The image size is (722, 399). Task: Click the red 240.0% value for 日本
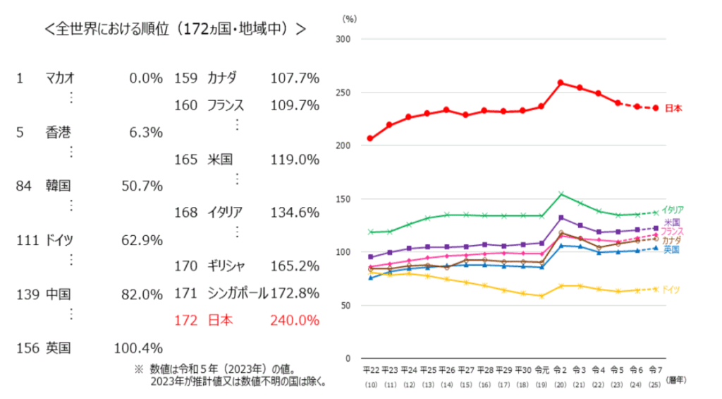click(295, 320)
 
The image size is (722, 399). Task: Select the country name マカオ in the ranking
click(60, 78)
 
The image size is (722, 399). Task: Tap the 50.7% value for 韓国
click(142, 186)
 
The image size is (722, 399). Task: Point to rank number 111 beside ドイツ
click(27, 240)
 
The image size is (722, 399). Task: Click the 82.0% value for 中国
click(142, 294)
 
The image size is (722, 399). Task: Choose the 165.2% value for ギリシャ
click(295, 266)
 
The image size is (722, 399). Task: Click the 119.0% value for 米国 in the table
click(295, 159)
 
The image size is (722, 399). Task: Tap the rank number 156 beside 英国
click(27, 347)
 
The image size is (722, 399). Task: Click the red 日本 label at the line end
click(674, 108)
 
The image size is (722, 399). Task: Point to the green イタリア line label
click(673, 210)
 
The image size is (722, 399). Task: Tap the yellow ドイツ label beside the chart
click(671, 290)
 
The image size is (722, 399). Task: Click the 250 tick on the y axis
click(343, 93)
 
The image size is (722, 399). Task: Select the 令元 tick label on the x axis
click(541, 369)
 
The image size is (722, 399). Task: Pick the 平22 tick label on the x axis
click(370, 369)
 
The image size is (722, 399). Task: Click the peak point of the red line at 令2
click(561, 83)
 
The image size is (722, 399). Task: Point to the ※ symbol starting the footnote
click(138, 369)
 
